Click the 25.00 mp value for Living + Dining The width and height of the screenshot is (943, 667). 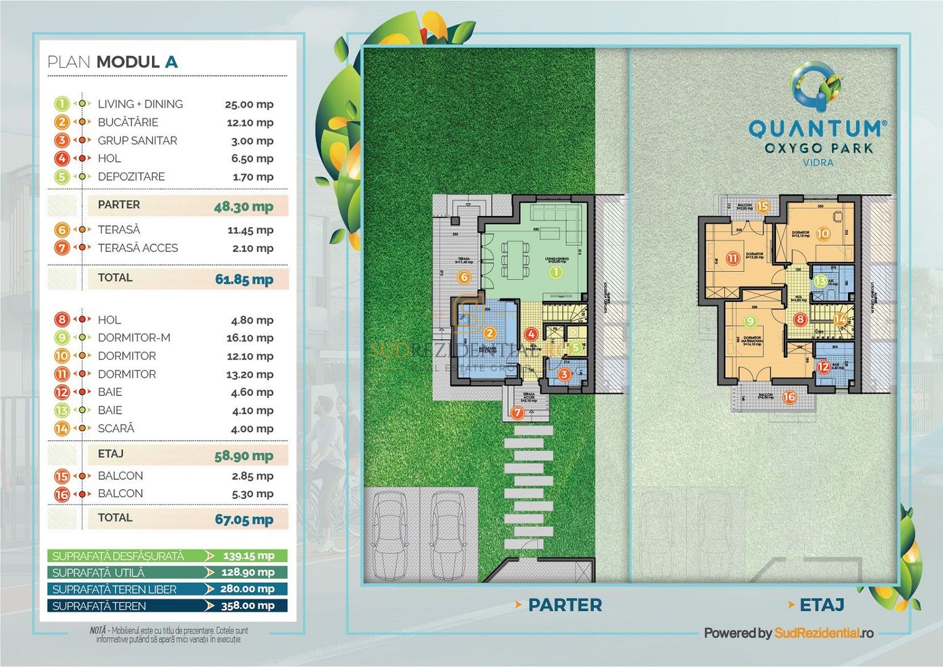tap(249, 104)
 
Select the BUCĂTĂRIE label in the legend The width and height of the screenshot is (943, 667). tap(128, 122)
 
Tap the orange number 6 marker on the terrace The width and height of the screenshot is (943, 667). tap(464, 277)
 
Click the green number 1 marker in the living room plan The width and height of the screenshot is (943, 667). tap(555, 272)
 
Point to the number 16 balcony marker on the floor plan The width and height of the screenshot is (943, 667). tap(789, 397)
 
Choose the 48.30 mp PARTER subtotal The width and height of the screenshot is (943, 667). tap(243, 206)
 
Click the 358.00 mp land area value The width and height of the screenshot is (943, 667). tap(247, 606)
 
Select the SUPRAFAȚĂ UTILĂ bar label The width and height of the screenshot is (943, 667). tap(98, 573)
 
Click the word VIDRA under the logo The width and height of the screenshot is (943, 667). tap(818, 162)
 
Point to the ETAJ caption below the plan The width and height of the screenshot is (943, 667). tap(822, 605)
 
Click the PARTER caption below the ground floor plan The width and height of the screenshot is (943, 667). tap(565, 605)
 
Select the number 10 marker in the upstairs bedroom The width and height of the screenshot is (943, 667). tap(822, 233)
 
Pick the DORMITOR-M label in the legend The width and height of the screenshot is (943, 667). tap(134, 338)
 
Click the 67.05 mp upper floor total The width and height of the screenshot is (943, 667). tap(243, 519)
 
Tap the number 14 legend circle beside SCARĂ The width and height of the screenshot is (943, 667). tap(62, 428)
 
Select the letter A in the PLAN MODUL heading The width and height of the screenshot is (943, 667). tap(171, 62)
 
